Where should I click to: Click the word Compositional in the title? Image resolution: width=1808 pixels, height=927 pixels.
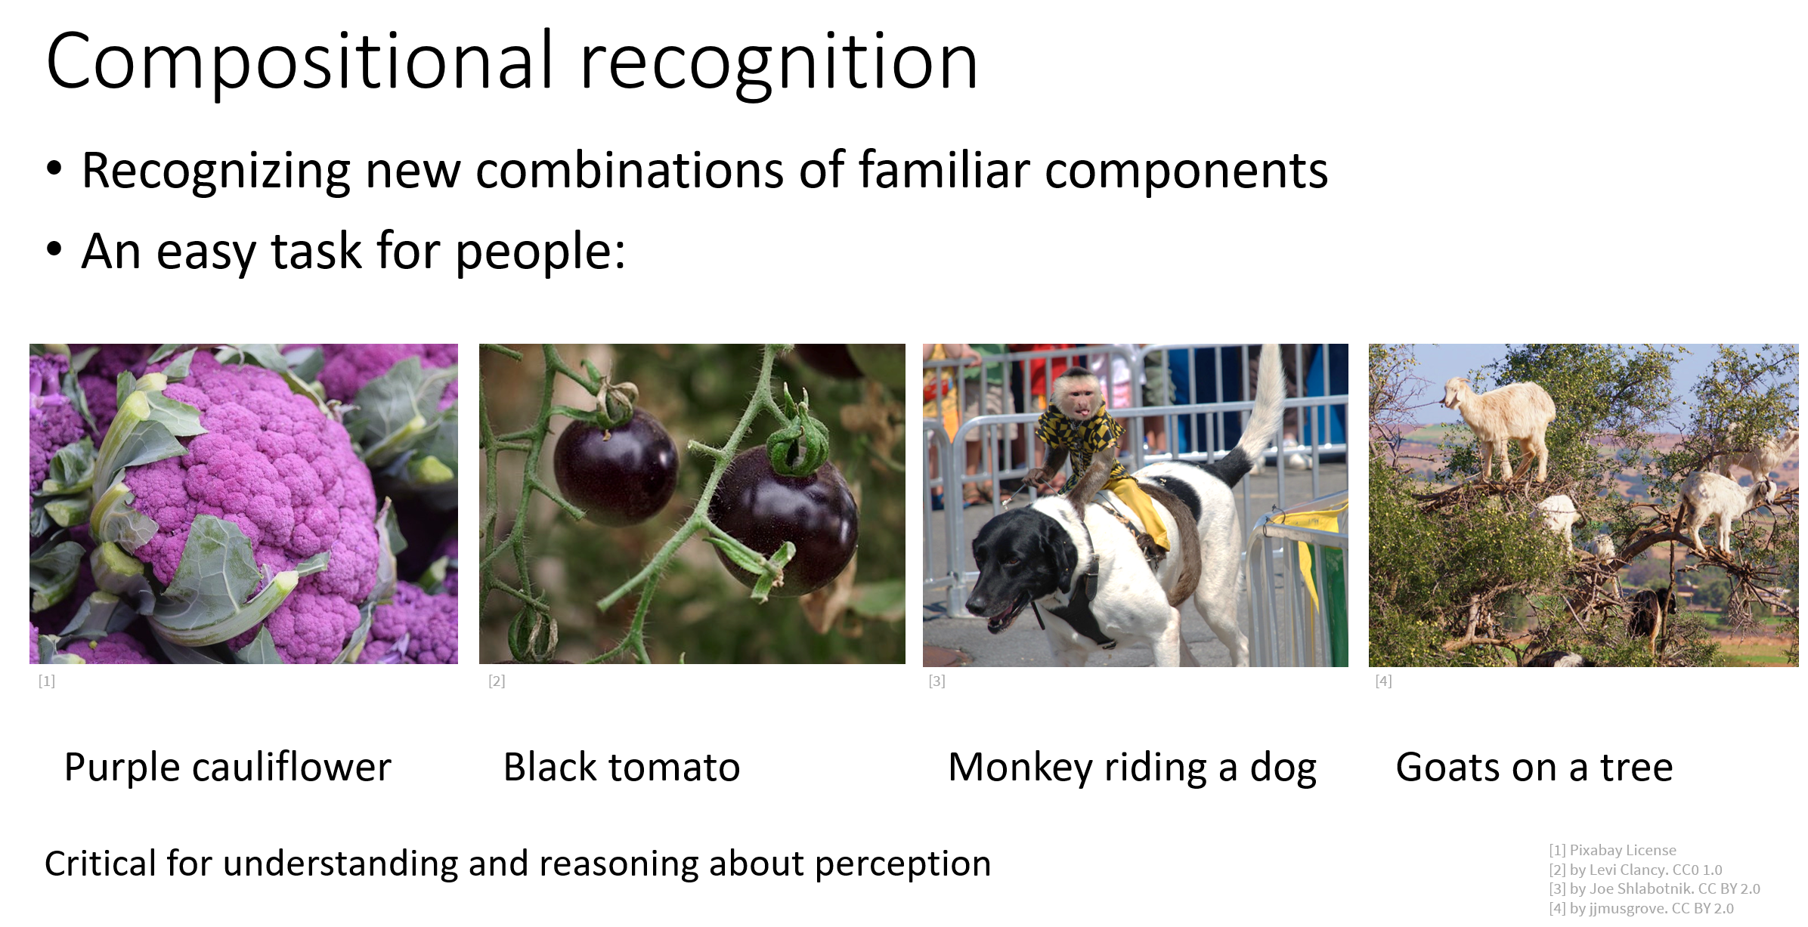pos(300,63)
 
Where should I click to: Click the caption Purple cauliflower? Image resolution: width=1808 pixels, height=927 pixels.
pos(228,768)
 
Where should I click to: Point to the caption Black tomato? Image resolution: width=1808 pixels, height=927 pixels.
pos(621,768)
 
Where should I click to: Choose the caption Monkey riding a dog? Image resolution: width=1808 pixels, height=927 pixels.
pos(1132,768)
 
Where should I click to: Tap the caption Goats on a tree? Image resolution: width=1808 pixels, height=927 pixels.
pos(1534,768)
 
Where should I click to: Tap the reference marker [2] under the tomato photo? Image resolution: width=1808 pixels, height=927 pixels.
pos(497,681)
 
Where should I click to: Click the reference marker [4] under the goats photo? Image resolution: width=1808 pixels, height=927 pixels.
pos(1383,681)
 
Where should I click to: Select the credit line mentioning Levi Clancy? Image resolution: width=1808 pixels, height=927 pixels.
pos(1636,870)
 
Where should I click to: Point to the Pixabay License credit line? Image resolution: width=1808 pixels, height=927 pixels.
pos(1612,850)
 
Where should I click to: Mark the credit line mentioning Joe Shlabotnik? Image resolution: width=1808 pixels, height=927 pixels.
pos(1655,889)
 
